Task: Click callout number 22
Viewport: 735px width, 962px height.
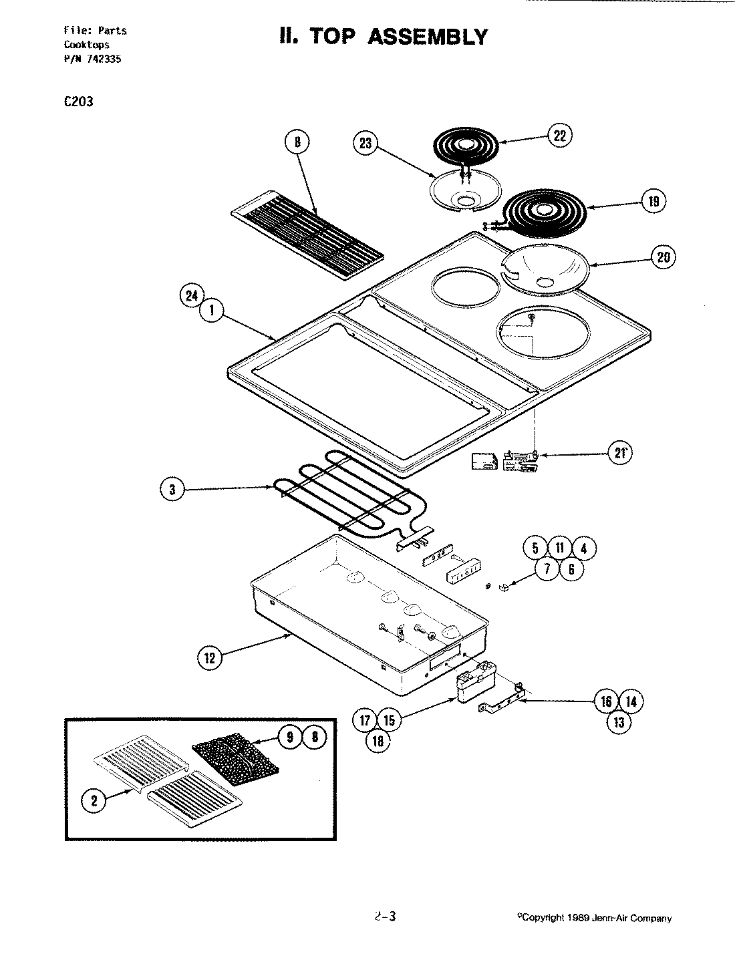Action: tap(559, 136)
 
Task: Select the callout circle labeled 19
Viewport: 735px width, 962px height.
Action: tap(653, 201)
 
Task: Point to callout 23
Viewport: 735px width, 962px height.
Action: tap(366, 144)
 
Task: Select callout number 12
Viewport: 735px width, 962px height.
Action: tap(209, 657)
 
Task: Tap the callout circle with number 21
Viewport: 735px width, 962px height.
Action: tap(621, 454)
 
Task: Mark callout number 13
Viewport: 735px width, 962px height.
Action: tap(619, 721)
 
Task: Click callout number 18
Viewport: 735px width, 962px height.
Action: tap(378, 740)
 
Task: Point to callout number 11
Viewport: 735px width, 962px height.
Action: tap(560, 548)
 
